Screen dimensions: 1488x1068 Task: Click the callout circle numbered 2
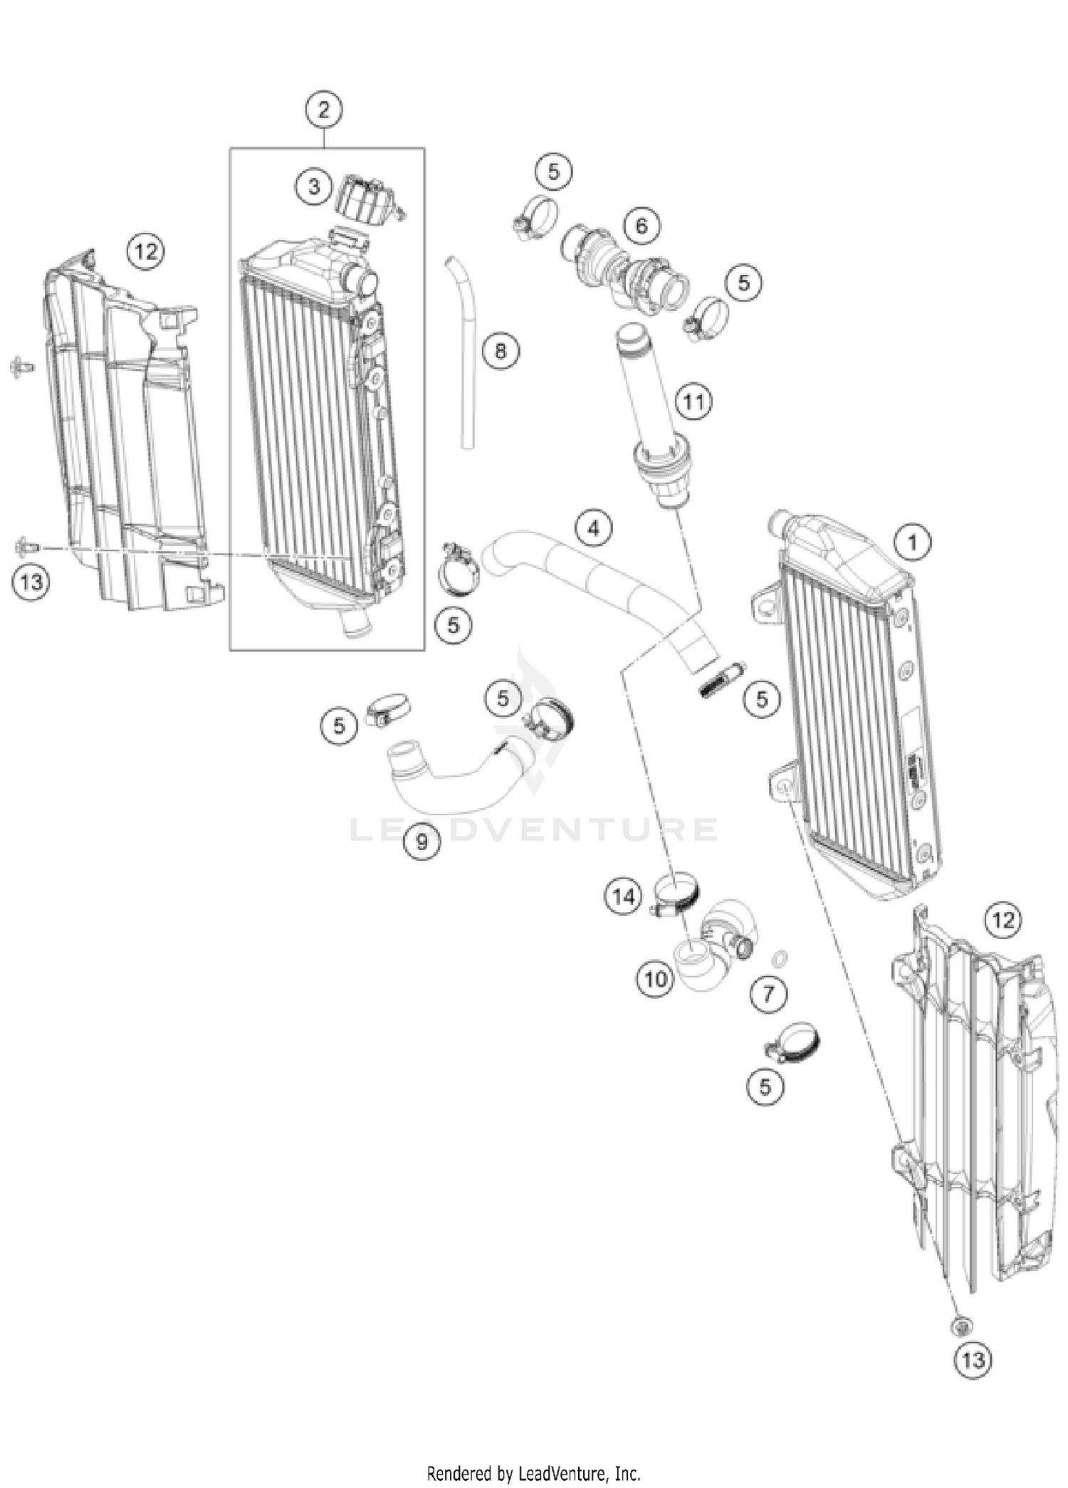(324, 110)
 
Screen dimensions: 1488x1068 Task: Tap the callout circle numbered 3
(314, 187)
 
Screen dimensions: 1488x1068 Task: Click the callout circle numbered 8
(501, 351)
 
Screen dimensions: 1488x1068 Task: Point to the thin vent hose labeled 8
(464, 356)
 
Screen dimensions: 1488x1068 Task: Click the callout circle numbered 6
(642, 226)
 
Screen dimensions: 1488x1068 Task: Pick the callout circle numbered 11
(693, 402)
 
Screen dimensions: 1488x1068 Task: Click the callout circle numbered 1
(912, 543)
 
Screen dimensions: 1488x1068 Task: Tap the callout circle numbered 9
(422, 842)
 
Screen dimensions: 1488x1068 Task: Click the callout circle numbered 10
(655, 979)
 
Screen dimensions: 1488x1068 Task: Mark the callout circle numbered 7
(768, 994)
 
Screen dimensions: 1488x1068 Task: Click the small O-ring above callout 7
(780, 957)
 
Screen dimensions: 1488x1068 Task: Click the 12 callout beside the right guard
(1002, 921)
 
